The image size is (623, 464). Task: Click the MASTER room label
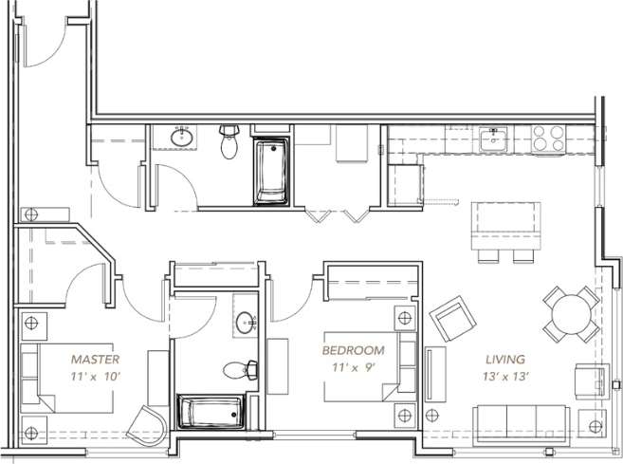click(95, 360)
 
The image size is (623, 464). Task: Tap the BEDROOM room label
click(353, 349)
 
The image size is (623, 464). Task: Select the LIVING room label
click(506, 360)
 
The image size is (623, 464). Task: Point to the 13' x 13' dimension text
click(506, 377)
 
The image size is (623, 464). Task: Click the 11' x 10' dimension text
click(95, 377)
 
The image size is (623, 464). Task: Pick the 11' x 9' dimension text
click(353, 366)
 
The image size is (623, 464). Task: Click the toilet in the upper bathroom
click(229, 143)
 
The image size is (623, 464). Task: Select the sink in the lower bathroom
click(247, 320)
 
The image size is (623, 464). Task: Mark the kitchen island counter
click(507, 225)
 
